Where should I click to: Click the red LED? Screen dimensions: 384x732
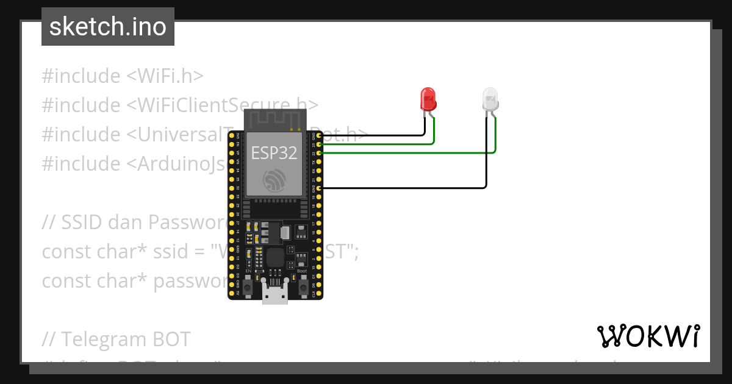tap(428, 99)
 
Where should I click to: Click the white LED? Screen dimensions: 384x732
tap(490, 99)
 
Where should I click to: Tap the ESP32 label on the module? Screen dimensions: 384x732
tap(274, 153)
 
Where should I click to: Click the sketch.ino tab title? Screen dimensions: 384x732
tap(108, 27)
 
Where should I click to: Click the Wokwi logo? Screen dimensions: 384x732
tap(648, 336)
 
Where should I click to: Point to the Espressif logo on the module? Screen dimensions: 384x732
tap(274, 180)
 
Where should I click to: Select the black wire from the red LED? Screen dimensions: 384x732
tap(372, 135)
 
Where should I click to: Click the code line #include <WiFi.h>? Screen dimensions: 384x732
tap(122, 76)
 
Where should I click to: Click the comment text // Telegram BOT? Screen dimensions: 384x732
tap(116, 339)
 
